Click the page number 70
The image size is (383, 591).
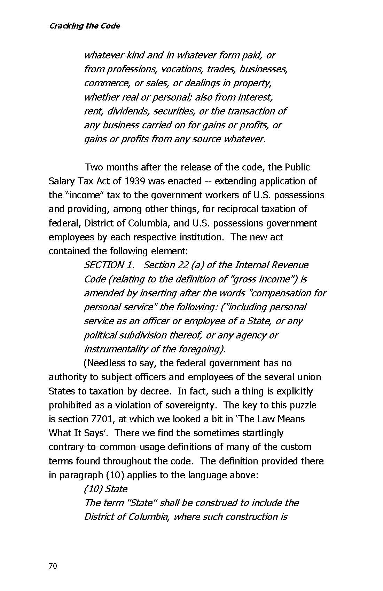coord(53,566)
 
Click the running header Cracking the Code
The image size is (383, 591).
coord(84,26)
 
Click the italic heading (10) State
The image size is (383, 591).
coord(105,489)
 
